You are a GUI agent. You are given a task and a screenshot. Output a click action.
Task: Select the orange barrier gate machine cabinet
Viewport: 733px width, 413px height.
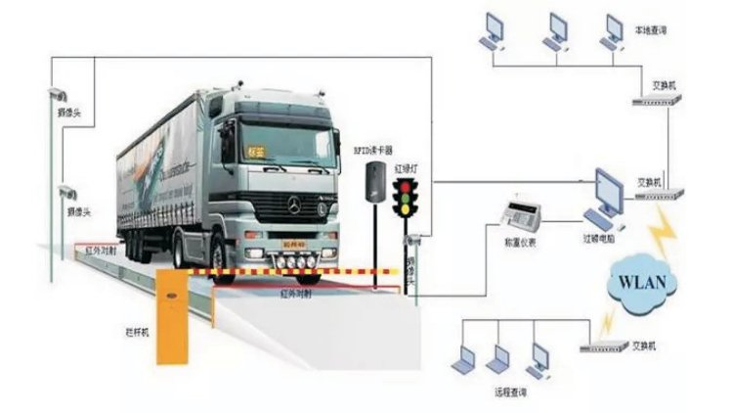tap(173, 317)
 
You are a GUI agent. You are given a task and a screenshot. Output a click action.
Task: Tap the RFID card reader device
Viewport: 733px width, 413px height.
tap(374, 182)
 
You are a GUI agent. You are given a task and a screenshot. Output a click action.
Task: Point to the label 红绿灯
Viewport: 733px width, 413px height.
tap(405, 168)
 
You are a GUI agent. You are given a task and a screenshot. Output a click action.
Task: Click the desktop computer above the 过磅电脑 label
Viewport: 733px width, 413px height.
tap(608, 193)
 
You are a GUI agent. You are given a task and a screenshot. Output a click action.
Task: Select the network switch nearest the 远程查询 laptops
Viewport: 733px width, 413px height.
tap(603, 345)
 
